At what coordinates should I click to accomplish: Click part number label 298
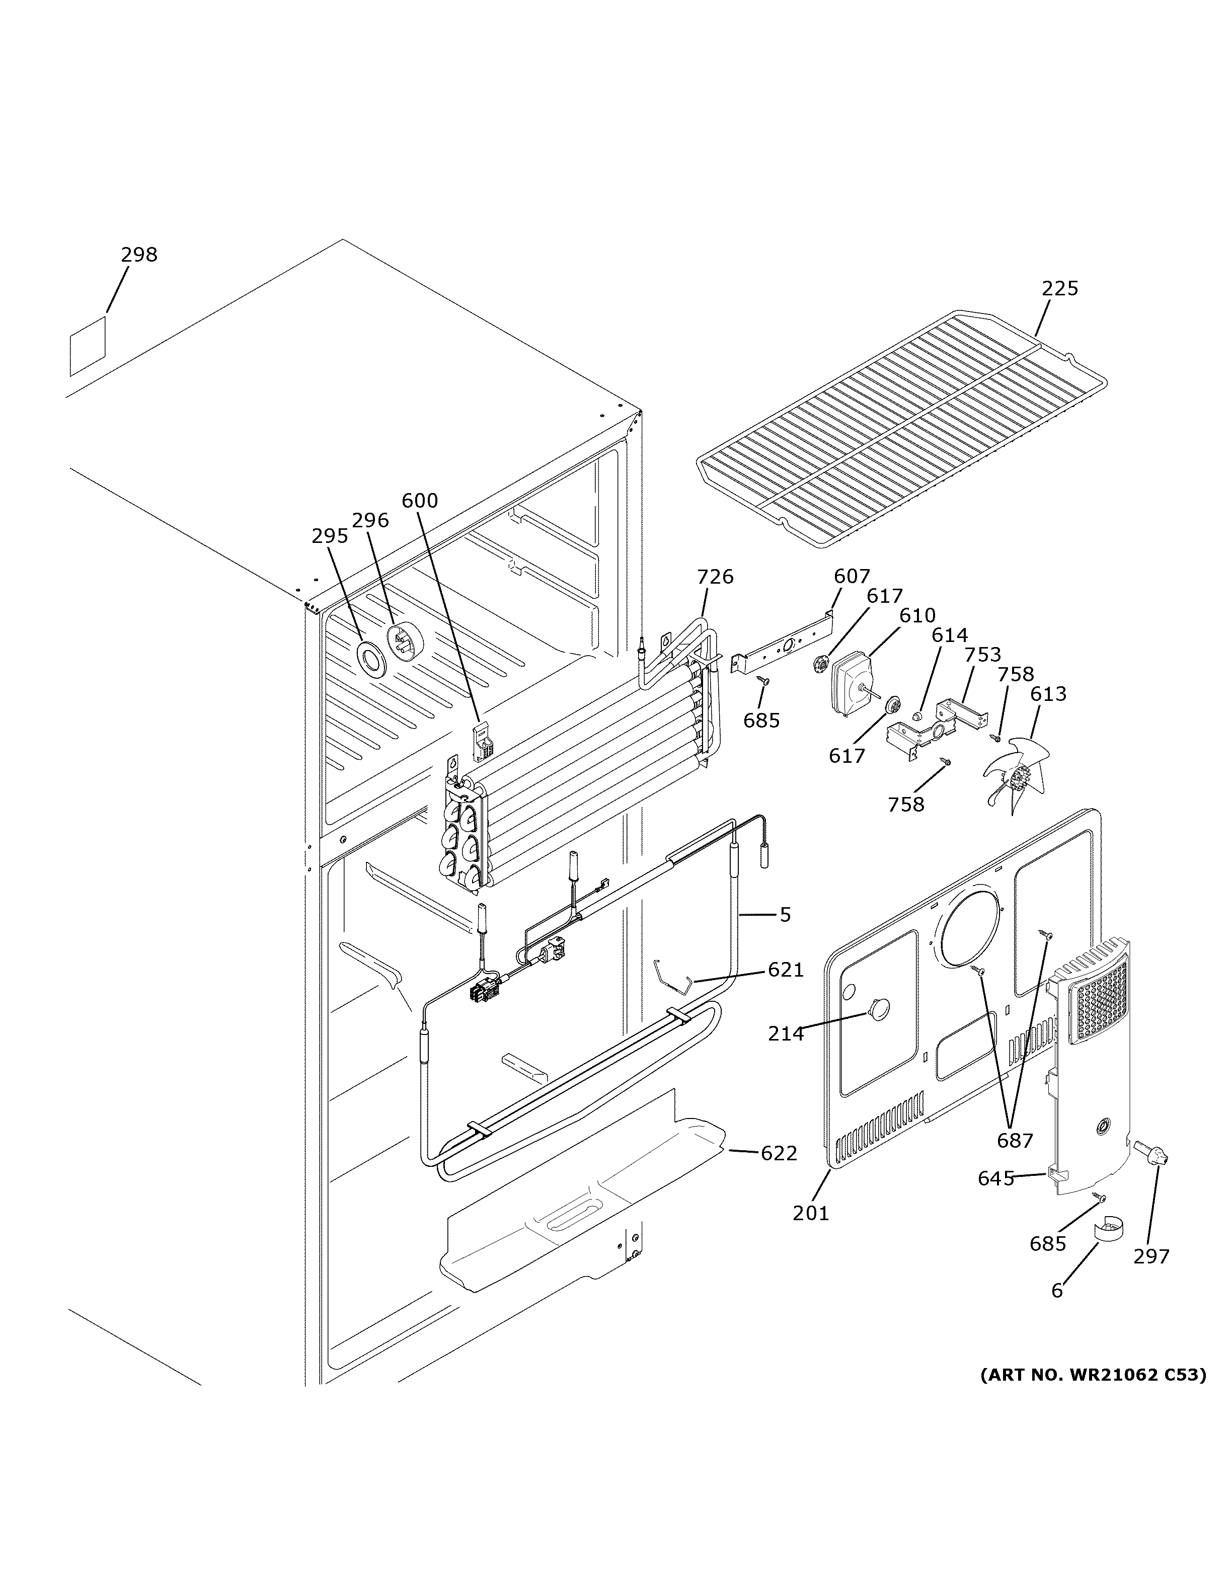139,255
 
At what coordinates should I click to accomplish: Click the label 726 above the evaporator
715,577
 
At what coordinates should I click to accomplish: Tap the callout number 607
852,577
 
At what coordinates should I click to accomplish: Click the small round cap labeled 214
879,1009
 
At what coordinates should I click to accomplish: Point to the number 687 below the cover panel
1015,1140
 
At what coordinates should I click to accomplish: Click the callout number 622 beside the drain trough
779,1153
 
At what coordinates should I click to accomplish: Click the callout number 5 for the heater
785,915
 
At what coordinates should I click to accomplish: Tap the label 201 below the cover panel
811,1213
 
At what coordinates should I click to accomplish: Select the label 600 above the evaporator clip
420,501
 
